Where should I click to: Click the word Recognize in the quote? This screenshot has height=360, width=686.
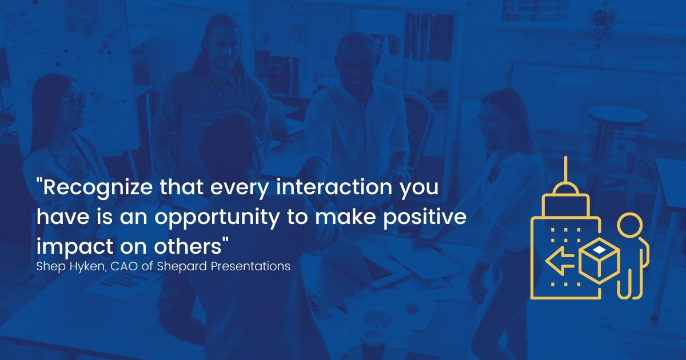(x=97, y=188)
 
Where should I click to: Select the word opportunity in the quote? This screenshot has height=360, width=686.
(x=217, y=218)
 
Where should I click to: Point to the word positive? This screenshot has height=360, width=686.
(x=425, y=217)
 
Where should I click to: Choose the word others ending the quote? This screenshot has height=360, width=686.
(x=188, y=246)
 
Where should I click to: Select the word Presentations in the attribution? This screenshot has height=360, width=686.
(x=250, y=266)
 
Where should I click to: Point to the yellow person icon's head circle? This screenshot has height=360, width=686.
(x=629, y=225)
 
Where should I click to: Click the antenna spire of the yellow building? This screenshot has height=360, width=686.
(x=565, y=170)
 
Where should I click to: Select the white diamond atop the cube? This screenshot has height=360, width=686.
(x=599, y=250)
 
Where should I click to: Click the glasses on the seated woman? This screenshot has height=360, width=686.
(x=74, y=98)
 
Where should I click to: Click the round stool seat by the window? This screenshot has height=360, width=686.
(x=618, y=115)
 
